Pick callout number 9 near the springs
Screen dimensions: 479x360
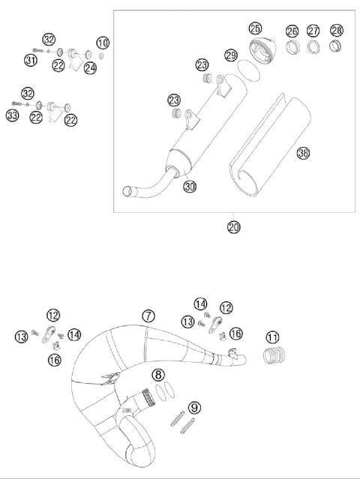(194, 408)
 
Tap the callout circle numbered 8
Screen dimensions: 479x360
(157, 374)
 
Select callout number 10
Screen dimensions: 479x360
(103, 42)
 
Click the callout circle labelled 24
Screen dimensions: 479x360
(90, 68)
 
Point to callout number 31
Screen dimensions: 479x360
(31, 60)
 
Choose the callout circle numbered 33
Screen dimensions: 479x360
(13, 115)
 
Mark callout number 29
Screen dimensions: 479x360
(231, 56)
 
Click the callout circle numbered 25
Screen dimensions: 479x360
(255, 28)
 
